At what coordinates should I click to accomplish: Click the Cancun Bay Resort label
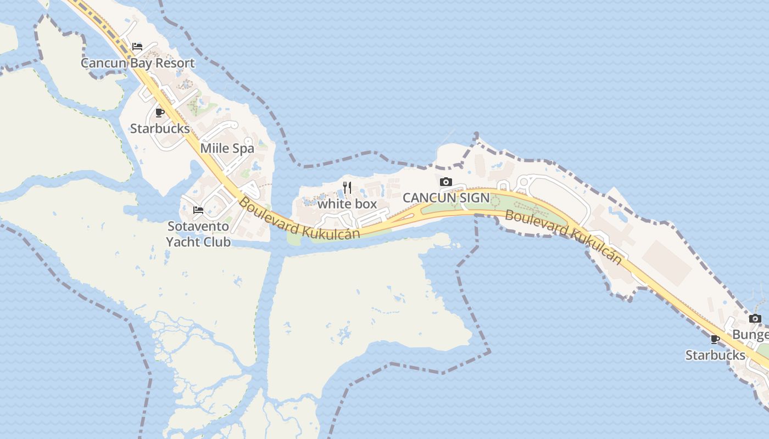coord(138,63)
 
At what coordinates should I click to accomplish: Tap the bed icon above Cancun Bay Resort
coord(137,47)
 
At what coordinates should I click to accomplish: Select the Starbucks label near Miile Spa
coord(160,128)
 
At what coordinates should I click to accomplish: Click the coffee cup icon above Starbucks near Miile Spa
coord(160,112)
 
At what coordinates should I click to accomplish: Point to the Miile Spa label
coord(227,148)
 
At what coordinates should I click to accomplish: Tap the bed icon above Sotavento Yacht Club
coord(198,210)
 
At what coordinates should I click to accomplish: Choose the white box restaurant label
coord(347,204)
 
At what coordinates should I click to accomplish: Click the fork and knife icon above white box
coord(347,188)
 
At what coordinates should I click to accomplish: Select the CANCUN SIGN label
coord(446,198)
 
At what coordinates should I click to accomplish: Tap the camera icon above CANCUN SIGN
coord(446,182)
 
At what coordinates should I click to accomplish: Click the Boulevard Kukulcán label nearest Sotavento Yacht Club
coord(299,219)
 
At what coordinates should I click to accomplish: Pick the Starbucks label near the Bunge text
coord(715,355)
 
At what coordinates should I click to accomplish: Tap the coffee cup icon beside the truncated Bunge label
coord(715,339)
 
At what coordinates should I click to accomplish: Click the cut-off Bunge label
coord(750,335)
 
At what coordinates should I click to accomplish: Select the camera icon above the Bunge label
coord(755,318)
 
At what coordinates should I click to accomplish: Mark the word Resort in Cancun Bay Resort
coord(174,63)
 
